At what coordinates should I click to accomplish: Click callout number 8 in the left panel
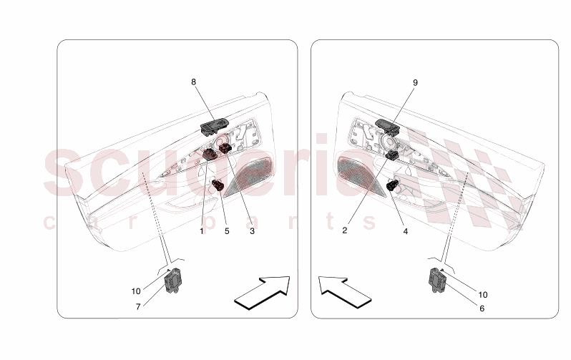[193, 82]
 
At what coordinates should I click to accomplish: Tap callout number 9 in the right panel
[415, 83]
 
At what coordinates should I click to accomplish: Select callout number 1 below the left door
[201, 231]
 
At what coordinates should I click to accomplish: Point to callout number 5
[227, 231]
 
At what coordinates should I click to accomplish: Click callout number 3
[252, 231]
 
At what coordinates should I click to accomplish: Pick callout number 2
[344, 230]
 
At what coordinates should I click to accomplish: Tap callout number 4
[405, 231]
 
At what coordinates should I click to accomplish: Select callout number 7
[138, 307]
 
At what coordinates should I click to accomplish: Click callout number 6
[482, 308]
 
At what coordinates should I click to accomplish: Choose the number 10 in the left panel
[136, 291]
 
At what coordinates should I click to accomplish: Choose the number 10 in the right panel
[482, 294]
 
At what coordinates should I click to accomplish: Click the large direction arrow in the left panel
[262, 293]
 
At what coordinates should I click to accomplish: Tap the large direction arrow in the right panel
[344, 292]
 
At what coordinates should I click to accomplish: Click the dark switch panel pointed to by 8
[214, 127]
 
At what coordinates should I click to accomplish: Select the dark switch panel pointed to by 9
[388, 127]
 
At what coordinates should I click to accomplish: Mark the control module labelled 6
[439, 280]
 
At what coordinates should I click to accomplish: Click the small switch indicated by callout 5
[218, 185]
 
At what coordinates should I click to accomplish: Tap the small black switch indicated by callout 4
[391, 185]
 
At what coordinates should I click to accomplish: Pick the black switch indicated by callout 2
[391, 155]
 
